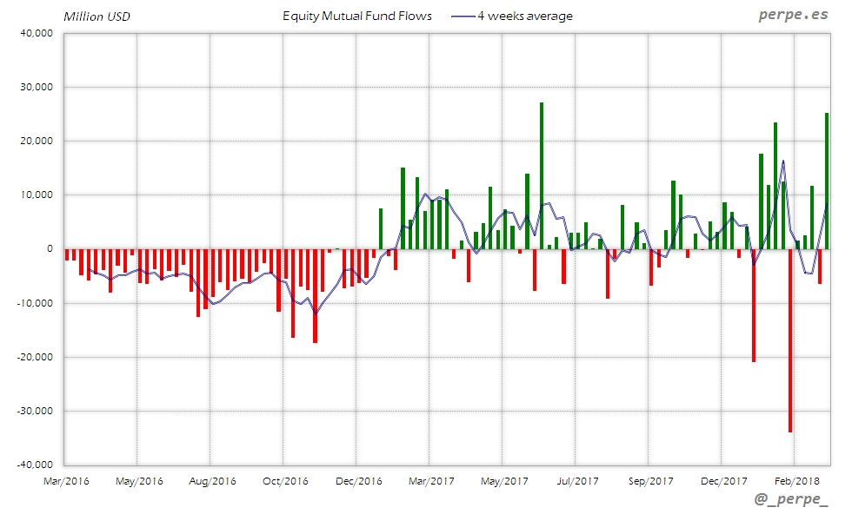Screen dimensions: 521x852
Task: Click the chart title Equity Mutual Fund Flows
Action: (x=356, y=16)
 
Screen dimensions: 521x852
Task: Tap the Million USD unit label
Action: (x=97, y=16)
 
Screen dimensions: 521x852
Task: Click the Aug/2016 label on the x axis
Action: (x=211, y=480)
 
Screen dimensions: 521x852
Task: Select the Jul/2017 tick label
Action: (x=576, y=480)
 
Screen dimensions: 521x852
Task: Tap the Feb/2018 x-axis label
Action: (x=795, y=480)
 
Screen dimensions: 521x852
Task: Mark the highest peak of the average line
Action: (x=783, y=161)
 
